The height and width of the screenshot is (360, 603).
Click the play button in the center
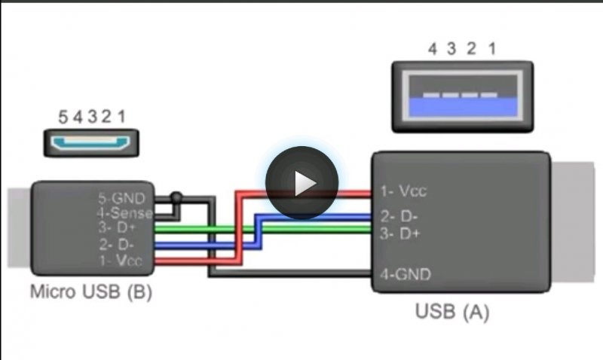(302, 183)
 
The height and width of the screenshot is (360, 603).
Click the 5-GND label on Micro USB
(122, 198)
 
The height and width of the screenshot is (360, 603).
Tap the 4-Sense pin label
(124, 213)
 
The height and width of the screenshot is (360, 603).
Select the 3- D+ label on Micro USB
(118, 227)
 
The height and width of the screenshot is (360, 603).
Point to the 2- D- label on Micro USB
(116, 244)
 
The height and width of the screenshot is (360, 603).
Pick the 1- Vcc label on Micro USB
(121, 261)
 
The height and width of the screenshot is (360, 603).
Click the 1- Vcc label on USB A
(403, 191)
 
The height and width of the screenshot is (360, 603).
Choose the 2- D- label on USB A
(399, 217)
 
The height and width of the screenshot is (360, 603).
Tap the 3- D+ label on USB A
(400, 233)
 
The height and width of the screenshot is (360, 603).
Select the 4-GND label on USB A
(406, 274)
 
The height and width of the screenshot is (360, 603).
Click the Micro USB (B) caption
(91, 291)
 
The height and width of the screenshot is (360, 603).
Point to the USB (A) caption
(452, 311)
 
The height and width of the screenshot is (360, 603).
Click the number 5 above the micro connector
(63, 117)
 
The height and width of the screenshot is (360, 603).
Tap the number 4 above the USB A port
(433, 49)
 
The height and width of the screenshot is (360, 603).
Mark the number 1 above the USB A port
(492, 49)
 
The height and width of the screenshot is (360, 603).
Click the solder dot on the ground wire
(176, 197)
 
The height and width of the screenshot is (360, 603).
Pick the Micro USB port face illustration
(91, 143)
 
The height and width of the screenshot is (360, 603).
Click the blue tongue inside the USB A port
(463, 106)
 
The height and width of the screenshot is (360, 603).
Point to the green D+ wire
(263, 230)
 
